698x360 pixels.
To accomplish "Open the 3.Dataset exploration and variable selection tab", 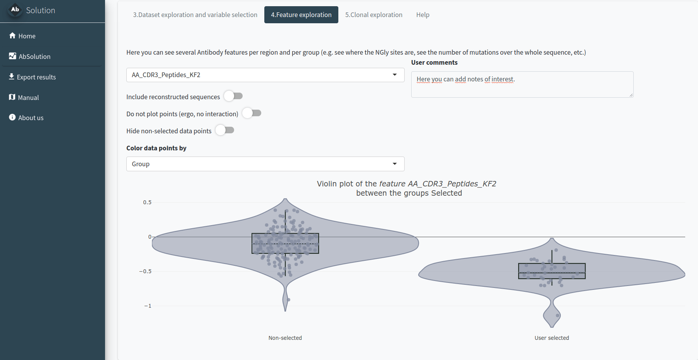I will point(195,15).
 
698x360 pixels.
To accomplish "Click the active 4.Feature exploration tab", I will point(301,15).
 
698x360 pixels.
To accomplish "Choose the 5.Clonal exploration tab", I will point(374,15).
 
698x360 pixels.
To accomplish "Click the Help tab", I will point(422,15).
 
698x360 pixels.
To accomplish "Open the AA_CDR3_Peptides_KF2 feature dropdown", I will point(265,75).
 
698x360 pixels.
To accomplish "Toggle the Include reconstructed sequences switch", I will point(233,96).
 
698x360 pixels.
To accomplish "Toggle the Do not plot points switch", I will point(252,113).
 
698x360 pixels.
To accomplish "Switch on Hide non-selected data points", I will point(225,130).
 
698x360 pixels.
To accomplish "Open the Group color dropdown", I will point(265,164).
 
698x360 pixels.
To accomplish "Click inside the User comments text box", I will point(522,84).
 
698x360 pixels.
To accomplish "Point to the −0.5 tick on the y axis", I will point(145,271).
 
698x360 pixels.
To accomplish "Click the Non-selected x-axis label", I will point(285,338).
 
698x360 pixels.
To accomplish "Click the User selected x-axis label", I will point(552,338).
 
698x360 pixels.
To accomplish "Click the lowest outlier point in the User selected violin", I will point(557,315).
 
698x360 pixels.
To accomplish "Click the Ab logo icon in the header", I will point(15,10).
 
